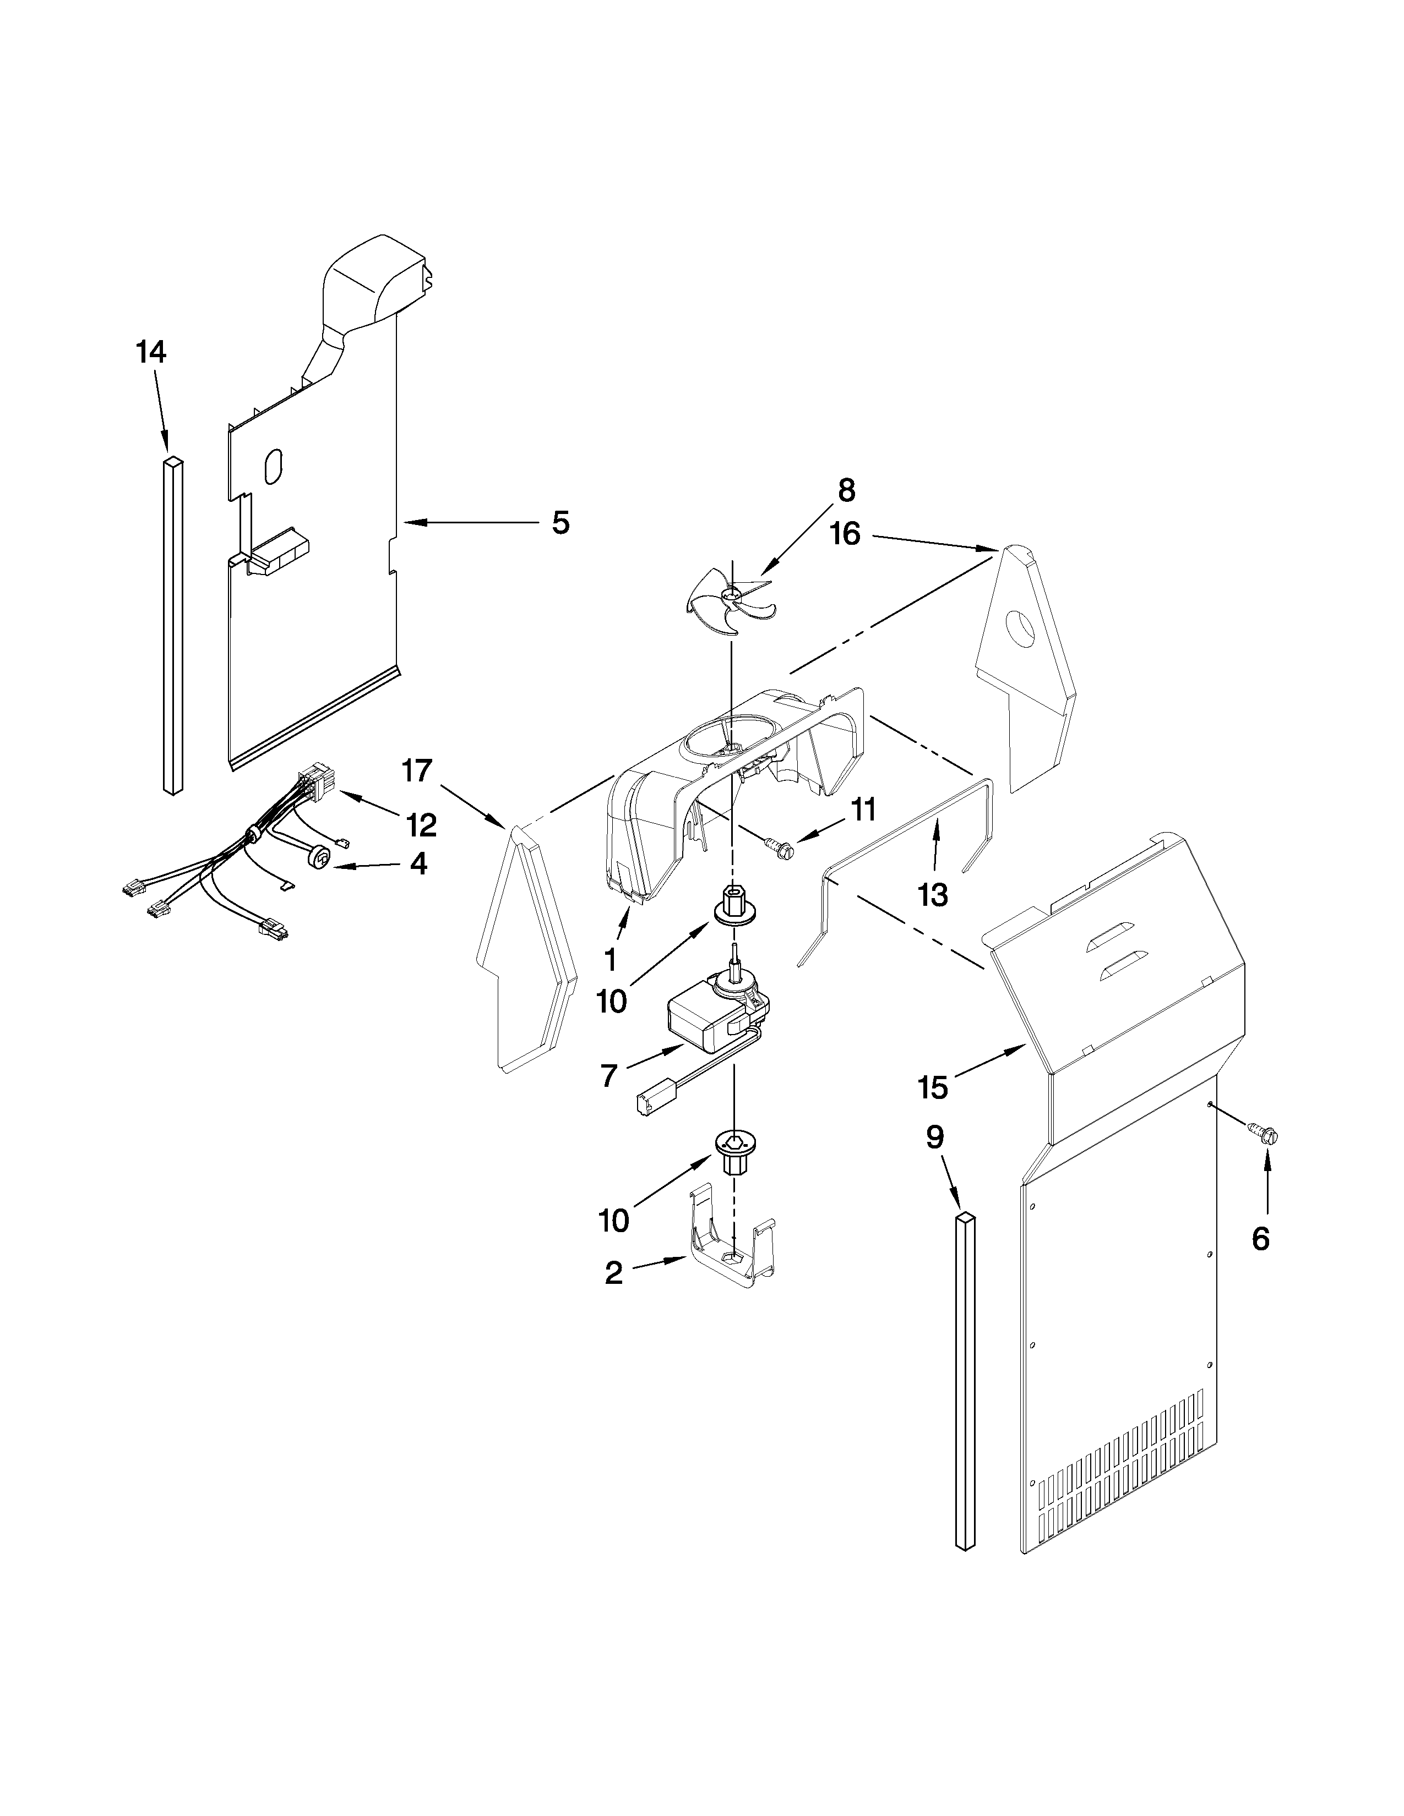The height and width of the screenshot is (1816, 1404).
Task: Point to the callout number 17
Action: [417, 771]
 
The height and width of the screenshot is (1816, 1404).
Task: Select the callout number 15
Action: [933, 1087]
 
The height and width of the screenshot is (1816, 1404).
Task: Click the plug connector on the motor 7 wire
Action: [650, 1104]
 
